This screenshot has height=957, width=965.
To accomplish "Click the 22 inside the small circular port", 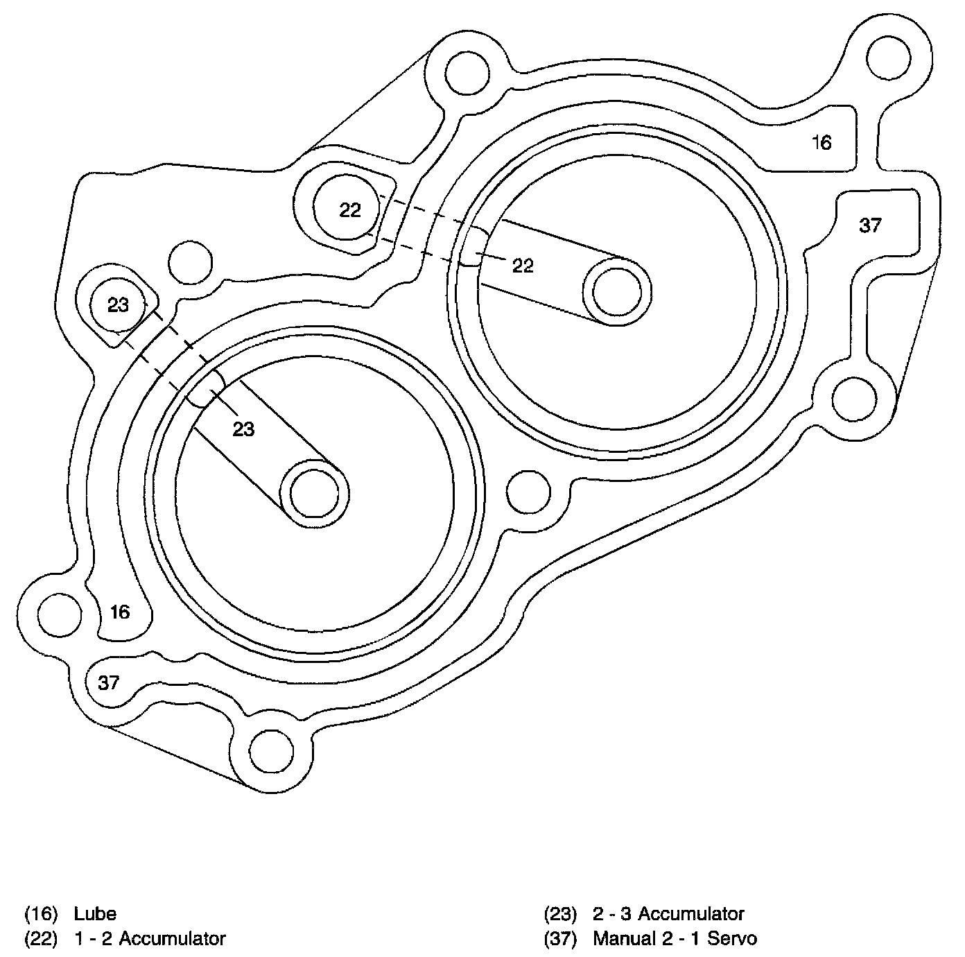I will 350,210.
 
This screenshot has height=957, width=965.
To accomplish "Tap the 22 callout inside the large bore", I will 523,265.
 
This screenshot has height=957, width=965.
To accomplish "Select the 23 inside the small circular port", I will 119,304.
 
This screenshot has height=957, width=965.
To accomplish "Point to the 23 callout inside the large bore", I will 243,429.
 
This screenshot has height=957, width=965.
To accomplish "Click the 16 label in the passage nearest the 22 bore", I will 821,143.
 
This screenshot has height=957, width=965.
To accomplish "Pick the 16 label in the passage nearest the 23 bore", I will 120,612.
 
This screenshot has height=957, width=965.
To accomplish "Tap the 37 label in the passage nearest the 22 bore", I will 870,225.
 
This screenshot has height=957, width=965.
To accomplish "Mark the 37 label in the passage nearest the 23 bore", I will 108,683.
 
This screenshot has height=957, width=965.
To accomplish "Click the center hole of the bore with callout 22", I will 618,291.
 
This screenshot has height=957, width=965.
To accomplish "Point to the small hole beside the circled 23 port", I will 191,263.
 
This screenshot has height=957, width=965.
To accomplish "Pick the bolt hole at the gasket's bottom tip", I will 272,752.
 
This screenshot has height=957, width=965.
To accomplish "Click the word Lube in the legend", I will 95,913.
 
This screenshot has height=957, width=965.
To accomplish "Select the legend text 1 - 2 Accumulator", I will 150,938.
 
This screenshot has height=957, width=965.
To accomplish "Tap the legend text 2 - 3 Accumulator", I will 668,913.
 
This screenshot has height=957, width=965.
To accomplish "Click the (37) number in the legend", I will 561,938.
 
